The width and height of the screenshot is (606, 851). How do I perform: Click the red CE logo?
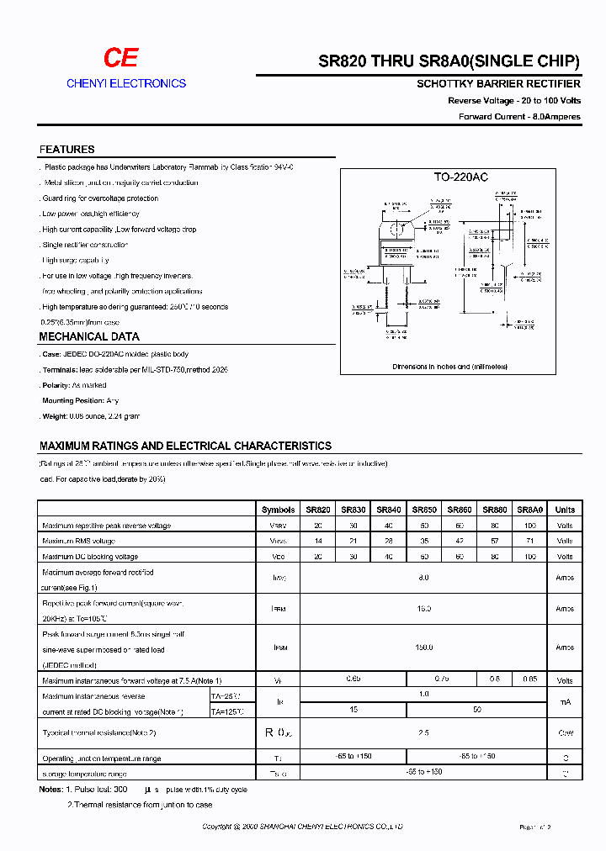click(x=120, y=57)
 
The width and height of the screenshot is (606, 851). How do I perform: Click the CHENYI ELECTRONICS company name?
click(x=126, y=83)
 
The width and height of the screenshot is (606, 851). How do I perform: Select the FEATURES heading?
click(x=66, y=150)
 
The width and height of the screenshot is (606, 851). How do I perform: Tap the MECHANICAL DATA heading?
click(x=89, y=337)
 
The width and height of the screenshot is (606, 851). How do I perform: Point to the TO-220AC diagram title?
click(x=460, y=177)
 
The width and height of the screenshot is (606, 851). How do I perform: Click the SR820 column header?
click(x=317, y=510)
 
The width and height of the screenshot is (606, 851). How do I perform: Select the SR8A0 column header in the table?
click(x=529, y=510)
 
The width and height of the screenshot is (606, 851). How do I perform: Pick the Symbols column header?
click(x=278, y=510)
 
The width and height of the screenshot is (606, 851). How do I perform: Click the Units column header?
click(x=565, y=510)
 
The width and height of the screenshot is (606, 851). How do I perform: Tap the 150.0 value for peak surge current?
click(x=423, y=647)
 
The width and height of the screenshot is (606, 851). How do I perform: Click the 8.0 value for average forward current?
click(x=423, y=578)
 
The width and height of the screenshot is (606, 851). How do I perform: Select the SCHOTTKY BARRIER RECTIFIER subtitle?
click(x=498, y=84)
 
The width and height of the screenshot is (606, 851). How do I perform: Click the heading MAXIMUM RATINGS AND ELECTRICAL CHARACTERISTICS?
click(x=185, y=446)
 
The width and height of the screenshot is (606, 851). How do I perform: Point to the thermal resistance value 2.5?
click(x=423, y=733)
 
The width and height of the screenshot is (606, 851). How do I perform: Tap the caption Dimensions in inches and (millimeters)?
click(x=460, y=367)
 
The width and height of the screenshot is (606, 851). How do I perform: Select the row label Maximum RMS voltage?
click(x=78, y=541)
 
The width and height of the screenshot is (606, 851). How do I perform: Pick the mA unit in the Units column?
click(x=565, y=702)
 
